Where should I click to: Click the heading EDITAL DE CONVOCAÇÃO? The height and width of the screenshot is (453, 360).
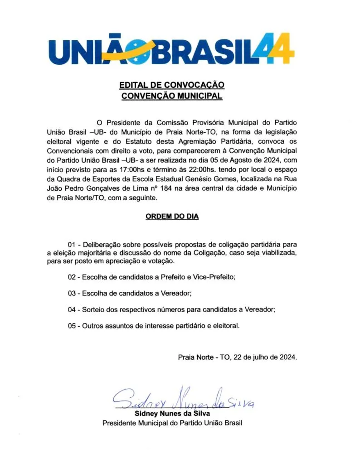click(x=172, y=85)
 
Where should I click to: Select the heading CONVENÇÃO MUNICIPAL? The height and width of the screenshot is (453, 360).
click(x=172, y=96)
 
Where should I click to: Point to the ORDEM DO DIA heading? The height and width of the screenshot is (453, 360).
click(x=172, y=217)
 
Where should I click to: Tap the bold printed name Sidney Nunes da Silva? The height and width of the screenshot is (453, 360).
click(x=172, y=414)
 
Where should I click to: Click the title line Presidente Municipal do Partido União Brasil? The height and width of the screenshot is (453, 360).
click(x=172, y=424)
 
